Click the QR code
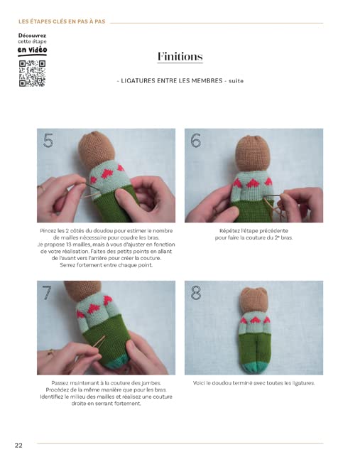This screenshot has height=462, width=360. tap(33, 73)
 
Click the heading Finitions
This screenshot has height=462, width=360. tap(180, 56)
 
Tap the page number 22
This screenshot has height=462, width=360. tap(18, 445)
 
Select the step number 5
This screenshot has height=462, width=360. tap(48, 141)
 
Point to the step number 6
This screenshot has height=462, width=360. tap(196, 140)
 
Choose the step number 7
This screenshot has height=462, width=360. tap(47, 293)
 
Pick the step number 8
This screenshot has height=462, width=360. tap(196, 293)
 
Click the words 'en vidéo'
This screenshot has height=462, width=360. tap(32, 50)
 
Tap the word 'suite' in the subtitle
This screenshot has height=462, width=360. tap(236, 81)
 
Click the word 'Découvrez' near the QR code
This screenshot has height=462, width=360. tap(32, 36)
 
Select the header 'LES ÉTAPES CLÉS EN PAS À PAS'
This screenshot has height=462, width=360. tap(62, 21)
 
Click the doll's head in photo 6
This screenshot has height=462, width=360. tap(253, 154)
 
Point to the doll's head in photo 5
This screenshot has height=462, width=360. tap(97, 149)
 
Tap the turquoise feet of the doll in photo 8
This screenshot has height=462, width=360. tap(253, 367)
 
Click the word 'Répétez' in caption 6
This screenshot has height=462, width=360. tap(229, 231)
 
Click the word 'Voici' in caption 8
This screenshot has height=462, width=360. tap(199, 383)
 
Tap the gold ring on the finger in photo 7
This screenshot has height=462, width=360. tap(51, 352)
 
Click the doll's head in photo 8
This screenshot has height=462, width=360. tap(253, 300)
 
